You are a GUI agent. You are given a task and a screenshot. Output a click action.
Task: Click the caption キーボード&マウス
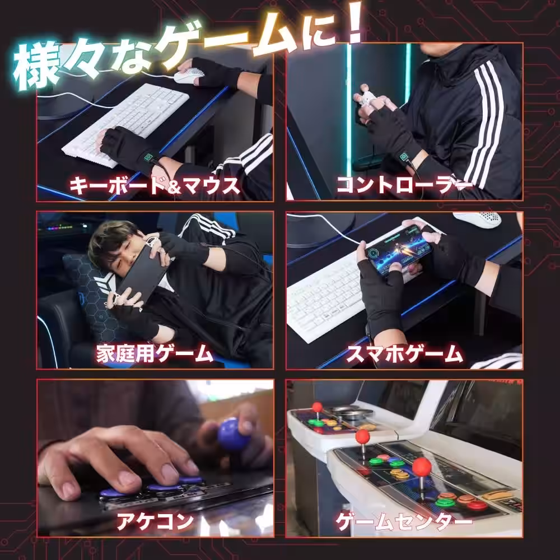pyautogui.click(x=155, y=185)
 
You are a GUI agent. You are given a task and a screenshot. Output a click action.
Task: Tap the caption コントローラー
pyautogui.click(x=403, y=185)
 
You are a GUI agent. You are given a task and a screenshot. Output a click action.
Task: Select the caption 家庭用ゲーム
pyautogui.click(x=155, y=353)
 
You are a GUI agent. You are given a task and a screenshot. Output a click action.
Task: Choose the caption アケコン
pyautogui.click(x=155, y=521)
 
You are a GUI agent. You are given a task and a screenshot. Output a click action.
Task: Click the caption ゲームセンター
pyautogui.click(x=404, y=522)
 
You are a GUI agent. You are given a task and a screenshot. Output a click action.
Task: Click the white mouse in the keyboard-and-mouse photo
pyautogui.click(x=184, y=77)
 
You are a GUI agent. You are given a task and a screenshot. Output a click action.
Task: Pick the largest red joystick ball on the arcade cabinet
pyautogui.click(x=422, y=466)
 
